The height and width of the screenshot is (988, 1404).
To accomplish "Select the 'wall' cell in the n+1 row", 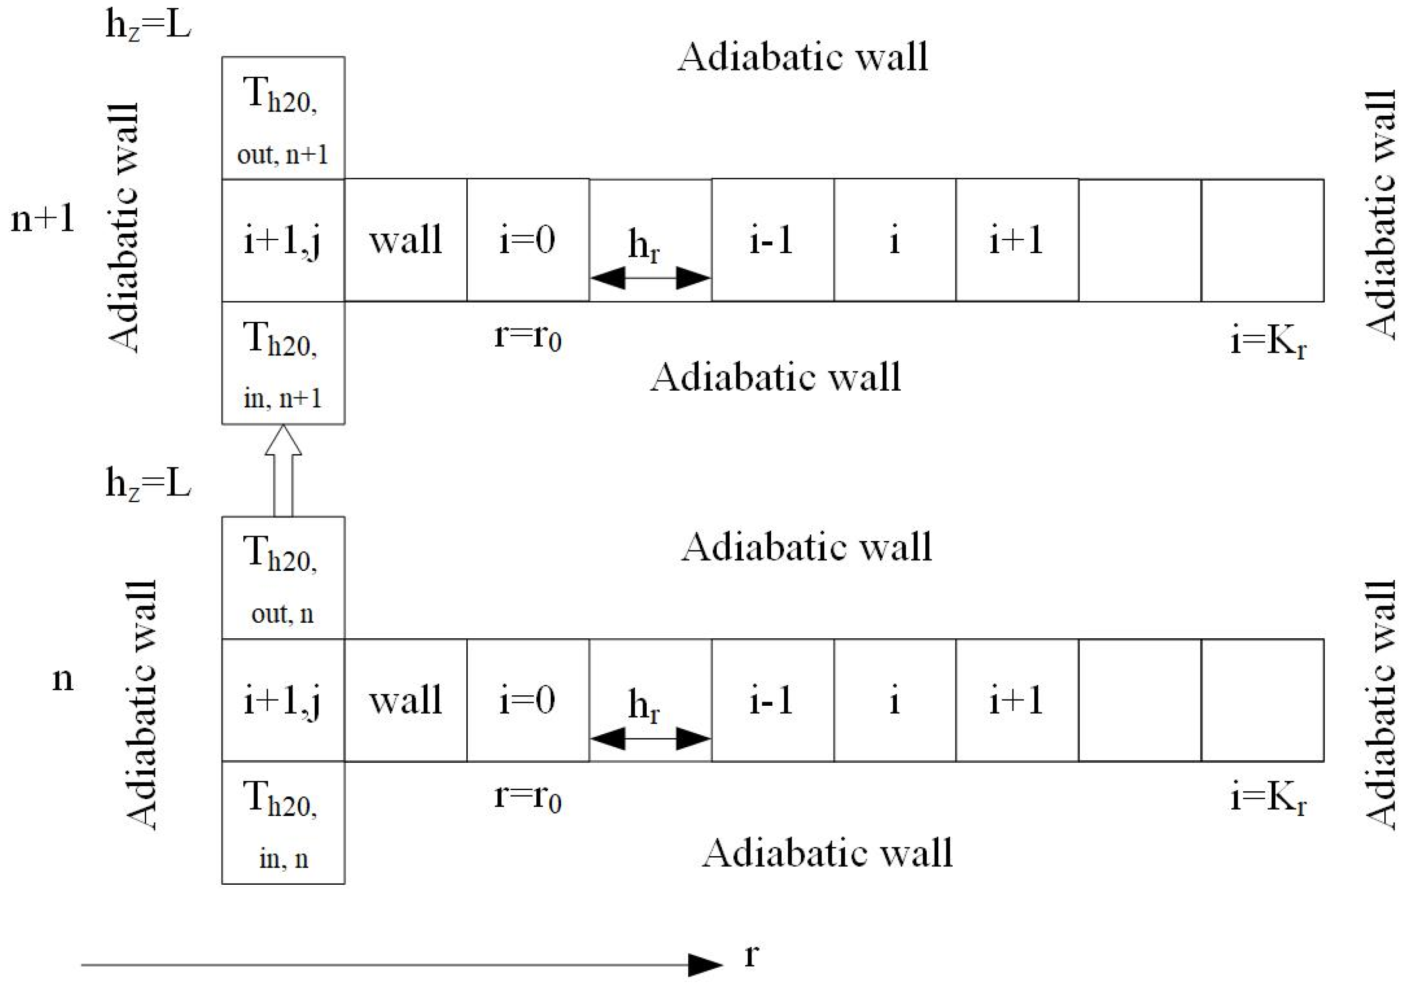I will coord(406,240).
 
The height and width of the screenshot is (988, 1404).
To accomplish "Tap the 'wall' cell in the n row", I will coord(406,700).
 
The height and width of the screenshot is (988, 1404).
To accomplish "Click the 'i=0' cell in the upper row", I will coord(527,240).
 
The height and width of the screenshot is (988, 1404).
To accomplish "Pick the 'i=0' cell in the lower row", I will coord(527,700).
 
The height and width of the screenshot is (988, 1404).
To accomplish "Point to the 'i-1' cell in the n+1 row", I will coord(772,240).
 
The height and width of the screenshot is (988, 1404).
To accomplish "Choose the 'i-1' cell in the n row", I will coord(772,700).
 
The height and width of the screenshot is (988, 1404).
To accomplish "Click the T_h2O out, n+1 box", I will coord(283,118).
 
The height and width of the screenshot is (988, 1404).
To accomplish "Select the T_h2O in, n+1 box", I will coord(283,363).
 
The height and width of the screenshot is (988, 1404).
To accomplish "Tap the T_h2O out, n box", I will coord(283,578).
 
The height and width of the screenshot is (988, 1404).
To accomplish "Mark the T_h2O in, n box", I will coord(283,823).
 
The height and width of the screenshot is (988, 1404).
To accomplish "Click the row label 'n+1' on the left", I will coord(43,219).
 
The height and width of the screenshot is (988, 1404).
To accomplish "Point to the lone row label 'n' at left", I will coord(62,679).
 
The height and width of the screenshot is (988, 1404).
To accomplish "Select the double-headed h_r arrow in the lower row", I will coord(650,739).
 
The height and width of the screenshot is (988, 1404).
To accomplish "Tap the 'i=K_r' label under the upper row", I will coord(1268,341).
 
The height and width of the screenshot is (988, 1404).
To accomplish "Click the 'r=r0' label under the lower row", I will coord(527,797).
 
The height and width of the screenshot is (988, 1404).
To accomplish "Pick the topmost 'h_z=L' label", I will coord(148,26).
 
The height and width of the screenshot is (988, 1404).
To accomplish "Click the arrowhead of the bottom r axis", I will coord(705,965).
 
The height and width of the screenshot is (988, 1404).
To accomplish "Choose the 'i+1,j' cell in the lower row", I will coord(283,700).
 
